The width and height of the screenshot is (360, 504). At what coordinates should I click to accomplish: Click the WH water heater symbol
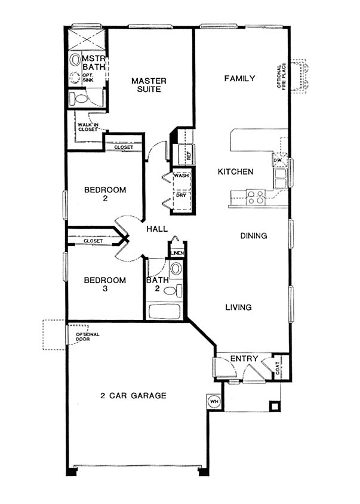213,401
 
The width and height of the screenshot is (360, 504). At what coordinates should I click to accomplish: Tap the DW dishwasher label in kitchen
276,159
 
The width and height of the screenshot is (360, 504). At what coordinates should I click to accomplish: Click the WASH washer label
181,176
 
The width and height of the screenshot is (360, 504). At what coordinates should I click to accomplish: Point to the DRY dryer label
181,195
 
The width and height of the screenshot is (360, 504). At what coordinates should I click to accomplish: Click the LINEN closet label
177,253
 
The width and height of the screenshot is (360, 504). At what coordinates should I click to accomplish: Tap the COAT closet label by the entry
278,368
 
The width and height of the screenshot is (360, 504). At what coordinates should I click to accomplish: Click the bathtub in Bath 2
164,311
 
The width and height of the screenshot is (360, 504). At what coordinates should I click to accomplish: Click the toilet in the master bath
78,99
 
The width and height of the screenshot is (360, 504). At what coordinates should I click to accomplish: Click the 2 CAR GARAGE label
133,395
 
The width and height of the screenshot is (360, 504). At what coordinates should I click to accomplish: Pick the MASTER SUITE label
149,85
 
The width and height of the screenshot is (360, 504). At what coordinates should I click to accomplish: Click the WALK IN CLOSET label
88,127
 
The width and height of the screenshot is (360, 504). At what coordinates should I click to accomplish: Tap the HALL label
157,229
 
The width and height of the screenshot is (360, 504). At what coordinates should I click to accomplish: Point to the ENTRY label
244,358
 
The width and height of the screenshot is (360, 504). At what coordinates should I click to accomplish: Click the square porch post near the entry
274,406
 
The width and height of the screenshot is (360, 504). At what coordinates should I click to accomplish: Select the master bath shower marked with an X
87,39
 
